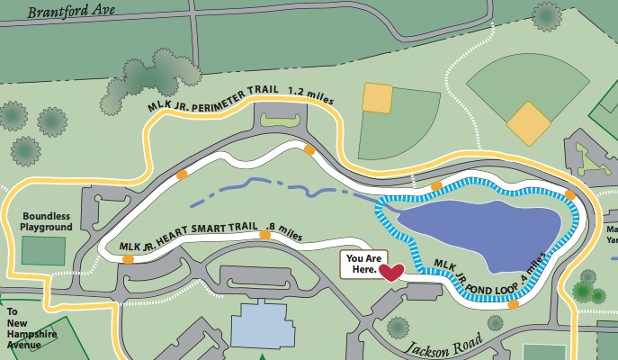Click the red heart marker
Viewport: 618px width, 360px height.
pos(391,272)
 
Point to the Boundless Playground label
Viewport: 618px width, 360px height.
pos(46,221)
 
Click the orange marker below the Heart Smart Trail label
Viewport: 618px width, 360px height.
pos(264,236)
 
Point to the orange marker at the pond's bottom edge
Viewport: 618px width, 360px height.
pos(513,305)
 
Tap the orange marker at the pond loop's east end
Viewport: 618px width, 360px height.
pos(569,194)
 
